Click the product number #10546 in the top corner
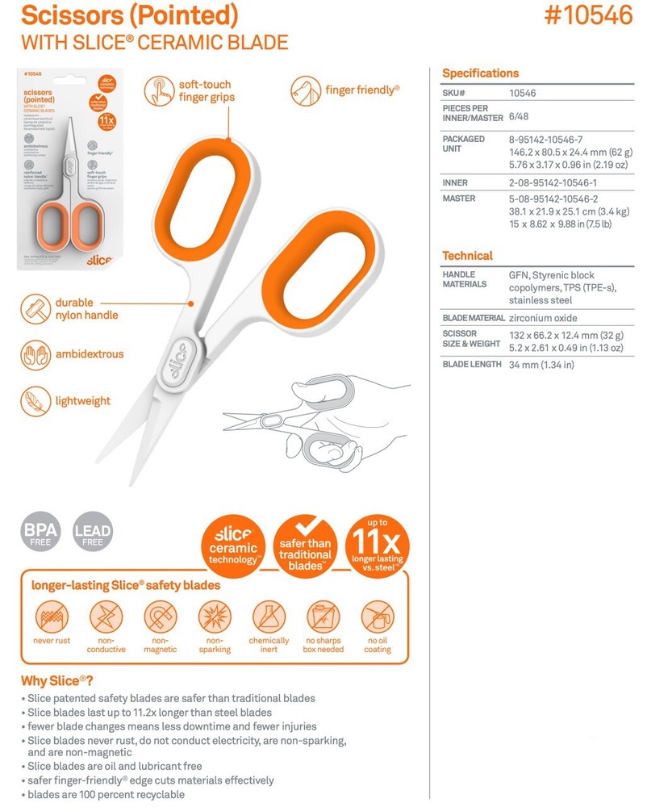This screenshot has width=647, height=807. [x=590, y=16]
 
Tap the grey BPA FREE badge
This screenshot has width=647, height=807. [x=40, y=532]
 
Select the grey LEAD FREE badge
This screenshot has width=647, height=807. [x=93, y=532]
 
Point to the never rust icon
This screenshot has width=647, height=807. [x=52, y=617]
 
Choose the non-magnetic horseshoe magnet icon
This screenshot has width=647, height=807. [x=160, y=617]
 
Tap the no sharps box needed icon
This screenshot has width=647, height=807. [x=323, y=617]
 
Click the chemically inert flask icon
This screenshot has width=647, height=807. [x=269, y=617]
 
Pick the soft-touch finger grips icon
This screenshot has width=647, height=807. [x=161, y=90]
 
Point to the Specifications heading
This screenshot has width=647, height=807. [x=480, y=73]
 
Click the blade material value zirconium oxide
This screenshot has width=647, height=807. [x=543, y=318]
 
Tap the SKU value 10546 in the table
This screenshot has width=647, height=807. [x=523, y=93]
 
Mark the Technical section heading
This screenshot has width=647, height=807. [x=467, y=256]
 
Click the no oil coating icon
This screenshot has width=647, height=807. [x=377, y=617]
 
